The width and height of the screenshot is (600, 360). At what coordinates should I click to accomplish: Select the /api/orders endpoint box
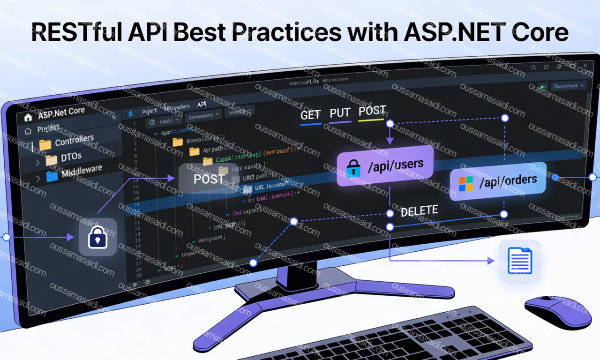pos(498,181)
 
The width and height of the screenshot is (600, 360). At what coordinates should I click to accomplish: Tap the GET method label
pos(310,115)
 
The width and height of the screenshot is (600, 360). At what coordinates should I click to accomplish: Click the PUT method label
pos(340,113)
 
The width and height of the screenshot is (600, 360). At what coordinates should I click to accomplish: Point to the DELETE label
pos(419,211)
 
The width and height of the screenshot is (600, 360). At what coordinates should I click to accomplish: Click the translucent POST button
pos(209,179)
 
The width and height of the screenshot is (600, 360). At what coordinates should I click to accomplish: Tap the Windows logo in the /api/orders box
pos(466,183)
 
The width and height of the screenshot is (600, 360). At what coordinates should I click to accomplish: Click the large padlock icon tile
pos(97,237)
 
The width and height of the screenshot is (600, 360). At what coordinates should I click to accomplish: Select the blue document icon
pos(520,261)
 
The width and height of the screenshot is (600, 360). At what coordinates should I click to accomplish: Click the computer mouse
pos(557,312)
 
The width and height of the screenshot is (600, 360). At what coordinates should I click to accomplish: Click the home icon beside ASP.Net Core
pos(28,117)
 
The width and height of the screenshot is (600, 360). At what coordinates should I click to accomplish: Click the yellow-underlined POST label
pos(372,112)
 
